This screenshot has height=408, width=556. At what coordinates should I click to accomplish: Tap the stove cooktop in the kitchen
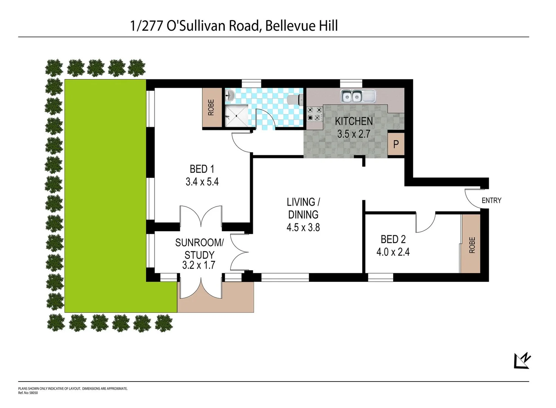tap(314, 114)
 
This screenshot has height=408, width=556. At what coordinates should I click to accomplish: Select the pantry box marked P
tap(396, 144)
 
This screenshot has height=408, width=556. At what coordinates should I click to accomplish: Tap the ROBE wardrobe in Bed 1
tap(212, 108)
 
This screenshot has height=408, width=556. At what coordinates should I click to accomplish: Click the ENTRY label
tap(491, 201)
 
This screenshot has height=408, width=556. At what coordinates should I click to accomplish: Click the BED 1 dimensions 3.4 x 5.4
tap(202, 182)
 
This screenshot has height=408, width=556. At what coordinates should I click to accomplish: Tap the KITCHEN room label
tap(354, 121)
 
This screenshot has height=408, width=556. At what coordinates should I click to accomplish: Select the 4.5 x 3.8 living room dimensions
tap(303, 227)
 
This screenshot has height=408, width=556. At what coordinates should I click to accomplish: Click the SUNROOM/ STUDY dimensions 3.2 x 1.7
tap(199, 265)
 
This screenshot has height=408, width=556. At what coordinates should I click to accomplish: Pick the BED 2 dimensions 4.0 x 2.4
tap(393, 252)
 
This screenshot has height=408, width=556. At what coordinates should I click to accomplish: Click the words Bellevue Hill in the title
tap(301, 26)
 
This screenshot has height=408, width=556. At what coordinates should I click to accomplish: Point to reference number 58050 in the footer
tap(33, 393)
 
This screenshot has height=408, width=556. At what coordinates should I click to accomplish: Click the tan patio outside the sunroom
tap(238, 298)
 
